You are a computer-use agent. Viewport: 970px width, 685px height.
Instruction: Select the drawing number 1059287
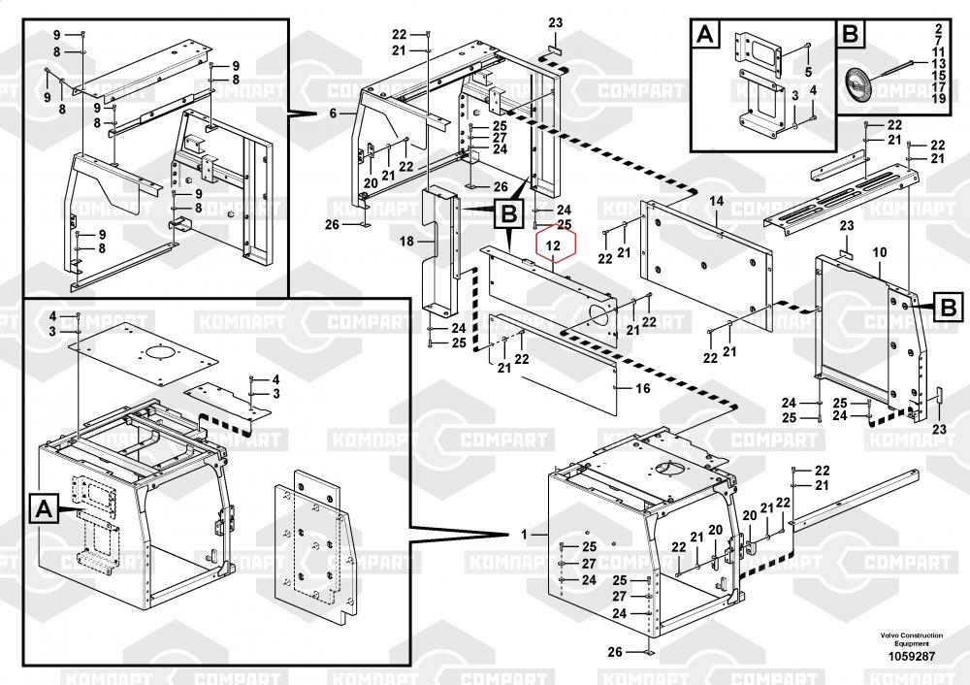911,656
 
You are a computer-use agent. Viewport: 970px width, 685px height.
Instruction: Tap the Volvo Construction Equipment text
911,639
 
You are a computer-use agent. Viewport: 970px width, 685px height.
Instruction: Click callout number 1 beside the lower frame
525,535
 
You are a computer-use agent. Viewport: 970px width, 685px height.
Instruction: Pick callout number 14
717,201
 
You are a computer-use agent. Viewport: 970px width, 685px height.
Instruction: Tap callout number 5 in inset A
808,73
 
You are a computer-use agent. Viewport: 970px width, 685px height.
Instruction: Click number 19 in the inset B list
939,100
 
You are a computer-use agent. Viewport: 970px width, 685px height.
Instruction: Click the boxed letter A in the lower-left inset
43,507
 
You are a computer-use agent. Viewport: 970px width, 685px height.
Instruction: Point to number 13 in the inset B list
939,62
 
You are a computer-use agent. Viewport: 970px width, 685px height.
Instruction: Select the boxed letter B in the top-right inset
850,34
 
